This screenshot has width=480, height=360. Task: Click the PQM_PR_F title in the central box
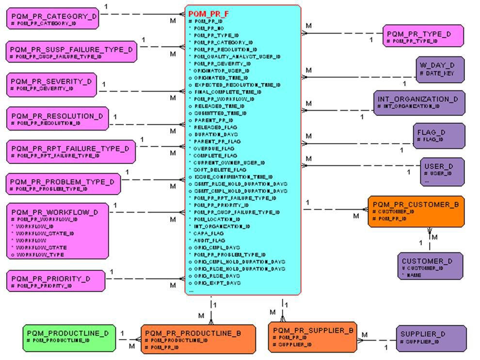pyautogui.click(x=208, y=14)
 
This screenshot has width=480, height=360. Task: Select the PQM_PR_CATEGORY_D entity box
pyautogui.click(x=53, y=19)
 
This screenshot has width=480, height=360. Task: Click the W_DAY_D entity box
pyautogui.click(x=440, y=69)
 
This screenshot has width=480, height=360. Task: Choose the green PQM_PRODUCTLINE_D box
pyautogui.click(x=69, y=338)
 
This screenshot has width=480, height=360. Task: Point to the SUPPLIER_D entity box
pyautogui.click(x=431, y=338)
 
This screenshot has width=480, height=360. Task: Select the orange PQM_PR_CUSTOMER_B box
pyautogui.click(x=416, y=212)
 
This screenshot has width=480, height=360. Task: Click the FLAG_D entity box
pyautogui.click(x=439, y=135)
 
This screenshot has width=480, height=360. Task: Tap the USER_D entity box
pyautogui.click(x=442, y=171)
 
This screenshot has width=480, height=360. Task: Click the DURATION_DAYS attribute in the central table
pyautogui.click(x=216, y=134)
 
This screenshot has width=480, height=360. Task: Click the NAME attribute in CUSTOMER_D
pyautogui.click(x=414, y=275)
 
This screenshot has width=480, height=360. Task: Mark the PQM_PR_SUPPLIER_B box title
pyautogui.click(x=313, y=330)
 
